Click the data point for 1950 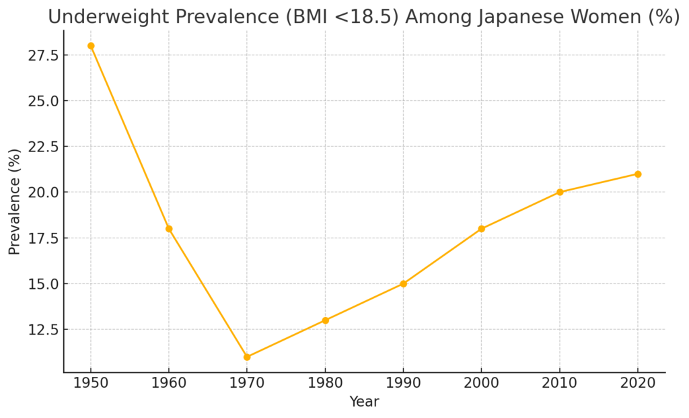pyautogui.click(x=91, y=46)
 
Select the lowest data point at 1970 pyautogui.click(x=247, y=357)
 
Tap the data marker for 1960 pyautogui.click(x=169, y=229)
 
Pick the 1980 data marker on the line pyautogui.click(x=325, y=320)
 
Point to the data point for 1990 pyautogui.click(x=403, y=283)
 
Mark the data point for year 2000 pyautogui.click(x=482, y=229)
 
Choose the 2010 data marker pyautogui.click(x=560, y=192)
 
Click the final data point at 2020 pyautogui.click(x=638, y=174)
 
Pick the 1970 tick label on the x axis pyautogui.click(x=247, y=384)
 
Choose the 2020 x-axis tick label pyautogui.click(x=638, y=384)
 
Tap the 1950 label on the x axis pyautogui.click(x=91, y=384)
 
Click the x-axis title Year pyautogui.click(x=364, y=402)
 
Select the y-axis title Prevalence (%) pyautogui.click(x=15, y=201)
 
